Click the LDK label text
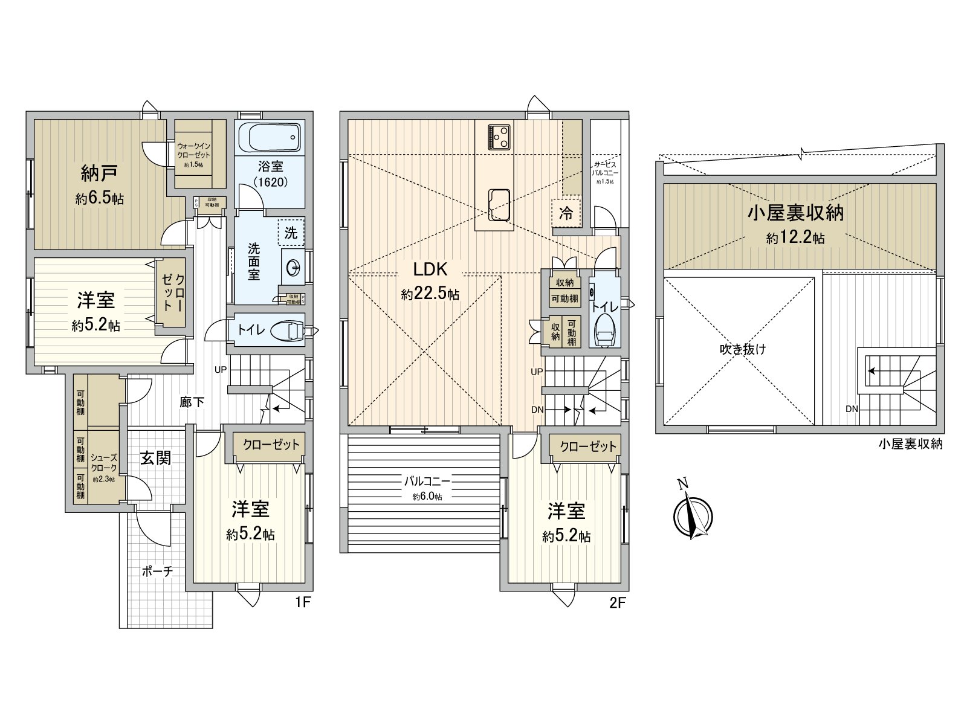430,269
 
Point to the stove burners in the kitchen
500,137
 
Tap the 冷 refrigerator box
566,213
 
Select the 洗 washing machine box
291,233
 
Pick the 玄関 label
155,458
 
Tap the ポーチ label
158,571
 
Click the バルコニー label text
427,482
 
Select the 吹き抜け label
743,349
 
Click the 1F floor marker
303,602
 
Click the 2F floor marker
618,602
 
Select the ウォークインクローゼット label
194,150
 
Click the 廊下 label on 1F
192,402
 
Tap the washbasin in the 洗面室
294,267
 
